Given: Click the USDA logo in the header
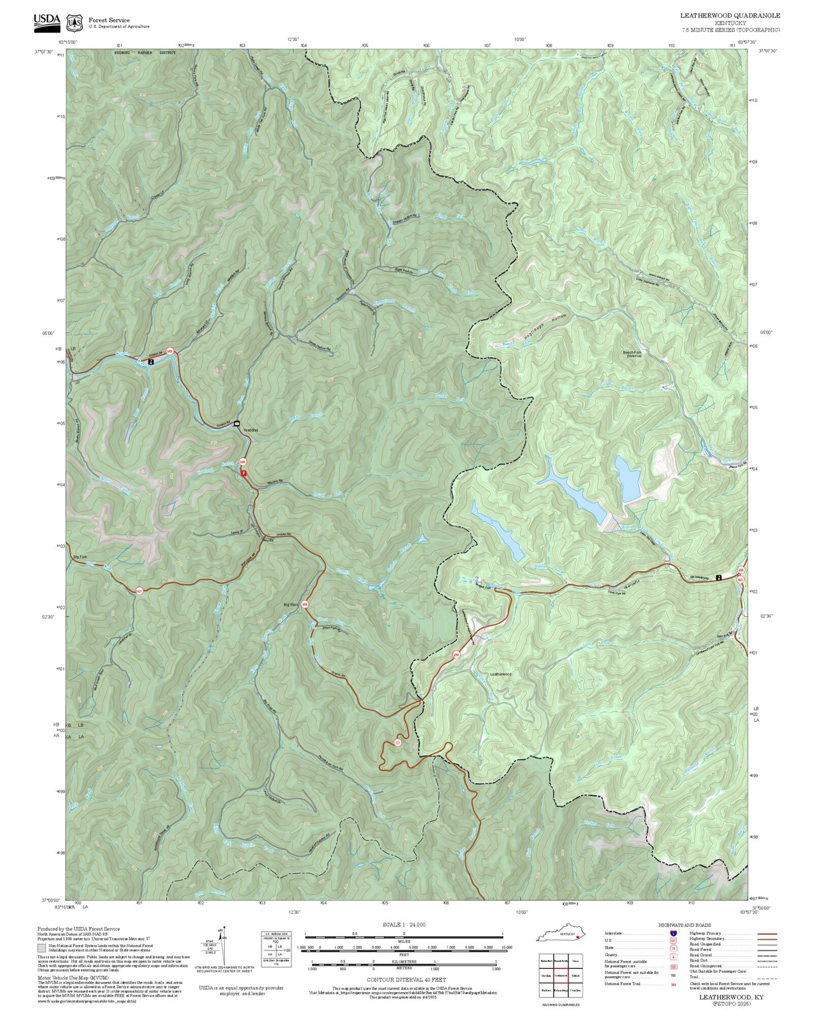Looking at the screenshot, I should tap(46, 21).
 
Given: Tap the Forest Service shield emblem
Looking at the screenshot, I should tap(74, 23).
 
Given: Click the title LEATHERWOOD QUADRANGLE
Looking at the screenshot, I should tap(730, 16).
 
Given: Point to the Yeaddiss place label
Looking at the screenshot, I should tap(250, 430).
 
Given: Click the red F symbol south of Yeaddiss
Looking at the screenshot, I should tap(244, 473).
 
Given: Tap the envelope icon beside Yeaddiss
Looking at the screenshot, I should tap(237, 423).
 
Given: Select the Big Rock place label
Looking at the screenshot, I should tap(291, 605).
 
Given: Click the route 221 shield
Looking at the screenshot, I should tap(398, 743).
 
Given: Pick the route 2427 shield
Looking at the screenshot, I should tap(139, 591).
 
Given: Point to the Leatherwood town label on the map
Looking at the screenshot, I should tap(500, 674).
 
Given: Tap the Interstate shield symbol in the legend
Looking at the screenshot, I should tap(673, 933).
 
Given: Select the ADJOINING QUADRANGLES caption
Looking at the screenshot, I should tap(560, 1005).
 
